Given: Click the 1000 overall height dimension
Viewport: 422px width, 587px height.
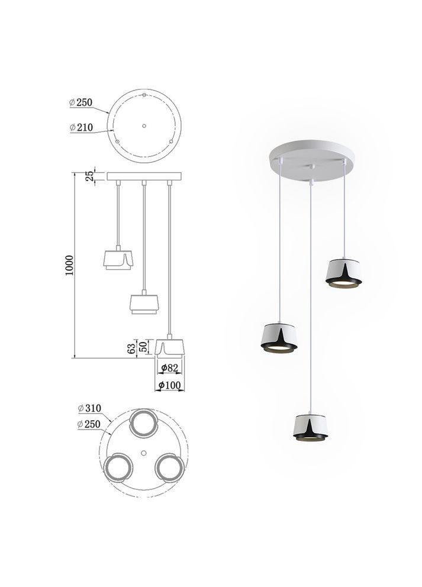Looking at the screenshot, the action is pos(70,265).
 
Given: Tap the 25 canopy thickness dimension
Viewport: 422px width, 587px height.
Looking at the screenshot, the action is pos(89,176).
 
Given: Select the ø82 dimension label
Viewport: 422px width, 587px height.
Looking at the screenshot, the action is pos(170,368).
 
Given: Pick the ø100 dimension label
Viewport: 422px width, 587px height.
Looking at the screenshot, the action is pos(170,385).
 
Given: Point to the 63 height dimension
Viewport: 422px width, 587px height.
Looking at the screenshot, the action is pos(131,349).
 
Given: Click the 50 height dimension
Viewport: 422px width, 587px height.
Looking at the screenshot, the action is pos(143,347).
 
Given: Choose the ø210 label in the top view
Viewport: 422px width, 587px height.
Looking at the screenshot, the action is pos(81,127).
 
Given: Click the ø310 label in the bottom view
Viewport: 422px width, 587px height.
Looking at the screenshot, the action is pos(89,408).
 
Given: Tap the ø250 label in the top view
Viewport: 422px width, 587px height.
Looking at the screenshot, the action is pos(81,102).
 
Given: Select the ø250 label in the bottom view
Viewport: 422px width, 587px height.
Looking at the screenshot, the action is pos(89,424).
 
